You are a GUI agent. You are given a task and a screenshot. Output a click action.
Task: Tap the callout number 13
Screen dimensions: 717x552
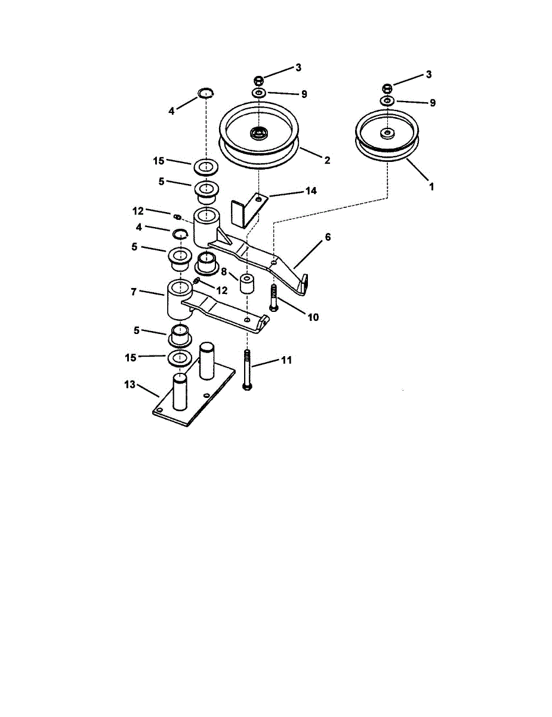130,385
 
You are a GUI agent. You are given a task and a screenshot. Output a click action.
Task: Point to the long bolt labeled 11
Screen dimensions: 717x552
247,370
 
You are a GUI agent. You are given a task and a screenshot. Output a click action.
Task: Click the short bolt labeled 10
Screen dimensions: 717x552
273,297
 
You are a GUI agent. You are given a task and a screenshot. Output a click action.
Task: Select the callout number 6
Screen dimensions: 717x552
328,237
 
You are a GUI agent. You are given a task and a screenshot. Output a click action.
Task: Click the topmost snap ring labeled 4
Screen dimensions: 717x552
206,93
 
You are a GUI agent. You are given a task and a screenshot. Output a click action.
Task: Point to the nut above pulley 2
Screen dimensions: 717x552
259,80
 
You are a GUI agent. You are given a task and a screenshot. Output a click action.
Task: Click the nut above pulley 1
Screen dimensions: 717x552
387,89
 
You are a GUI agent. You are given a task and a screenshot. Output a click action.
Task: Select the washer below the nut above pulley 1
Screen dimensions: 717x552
388,102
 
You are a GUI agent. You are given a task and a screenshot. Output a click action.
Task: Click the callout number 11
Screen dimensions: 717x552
286,360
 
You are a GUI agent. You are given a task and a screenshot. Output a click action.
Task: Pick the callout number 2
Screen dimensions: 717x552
327,160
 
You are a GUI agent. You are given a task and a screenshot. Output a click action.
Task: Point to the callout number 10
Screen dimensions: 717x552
313,317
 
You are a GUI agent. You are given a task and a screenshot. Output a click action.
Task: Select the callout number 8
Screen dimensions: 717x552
224,271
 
